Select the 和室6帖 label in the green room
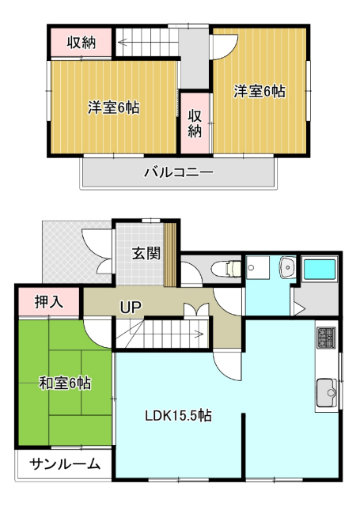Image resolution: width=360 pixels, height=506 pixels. coord(65,383)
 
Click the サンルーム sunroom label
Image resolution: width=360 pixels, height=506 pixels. coord(66,465)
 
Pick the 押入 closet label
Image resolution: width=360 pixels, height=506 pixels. coord(47,301)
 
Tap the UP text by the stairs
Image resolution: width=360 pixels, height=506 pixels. coord(131,307)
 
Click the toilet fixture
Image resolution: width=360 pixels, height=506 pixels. coord(229,270)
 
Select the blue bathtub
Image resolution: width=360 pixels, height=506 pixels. coord(320,270)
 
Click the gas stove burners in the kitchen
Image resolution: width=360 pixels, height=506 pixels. coord(327,339)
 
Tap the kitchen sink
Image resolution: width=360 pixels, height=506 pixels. coord(327,391)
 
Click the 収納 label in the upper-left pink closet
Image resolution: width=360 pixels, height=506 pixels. coord(81,43)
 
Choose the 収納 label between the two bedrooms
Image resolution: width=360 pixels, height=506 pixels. coord(195,123)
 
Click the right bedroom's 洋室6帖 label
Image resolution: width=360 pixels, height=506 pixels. coord(260,92)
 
